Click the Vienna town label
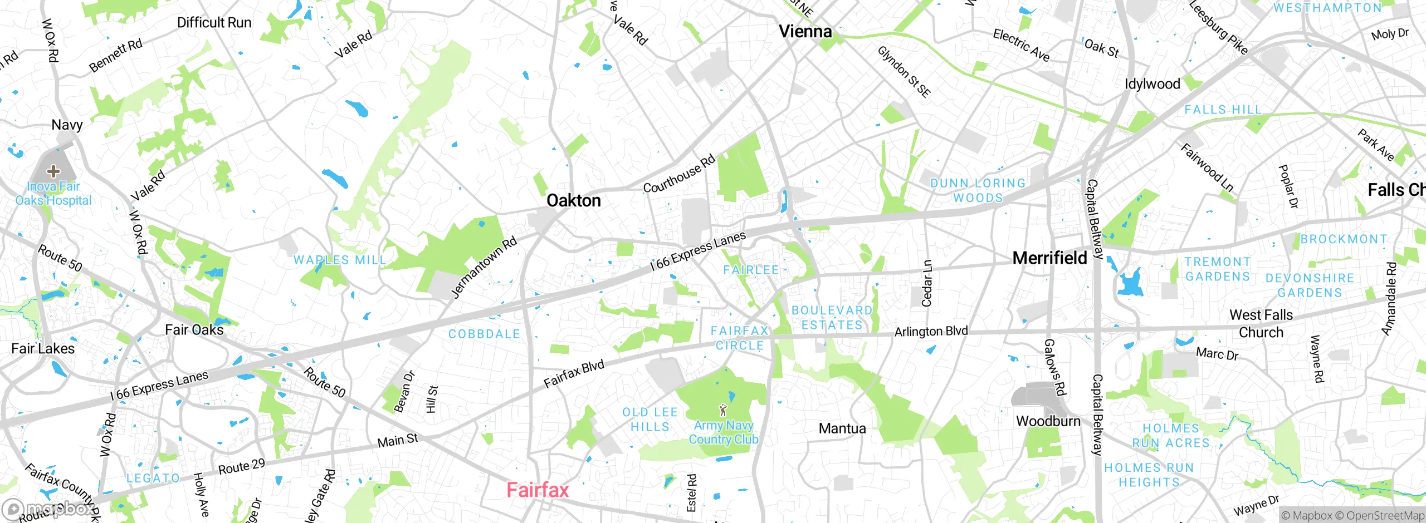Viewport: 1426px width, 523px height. [805, 32]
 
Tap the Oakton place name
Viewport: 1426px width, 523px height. [573, 201]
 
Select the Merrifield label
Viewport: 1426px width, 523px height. [1049, 258]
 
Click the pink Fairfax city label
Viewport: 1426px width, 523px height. [538, 490]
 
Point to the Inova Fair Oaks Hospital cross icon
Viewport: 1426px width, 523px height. [53, 171]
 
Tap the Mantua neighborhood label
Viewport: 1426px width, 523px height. [842, 428]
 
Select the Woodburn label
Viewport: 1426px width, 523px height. [1048, 421]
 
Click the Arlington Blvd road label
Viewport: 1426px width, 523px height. [931, 332]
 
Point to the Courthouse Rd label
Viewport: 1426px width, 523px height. [679, 174]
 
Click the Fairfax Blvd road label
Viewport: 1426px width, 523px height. [574, 374]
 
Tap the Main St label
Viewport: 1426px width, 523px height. [398, 441]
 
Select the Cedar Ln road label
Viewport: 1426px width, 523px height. [927, 283]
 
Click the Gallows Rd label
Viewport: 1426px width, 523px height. [1054, 367]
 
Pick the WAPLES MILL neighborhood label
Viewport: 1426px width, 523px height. [340, 260]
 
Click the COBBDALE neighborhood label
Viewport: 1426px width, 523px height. [484, 334]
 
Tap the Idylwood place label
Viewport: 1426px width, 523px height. [1152, 84]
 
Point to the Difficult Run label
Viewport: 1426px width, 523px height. [214, 23]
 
